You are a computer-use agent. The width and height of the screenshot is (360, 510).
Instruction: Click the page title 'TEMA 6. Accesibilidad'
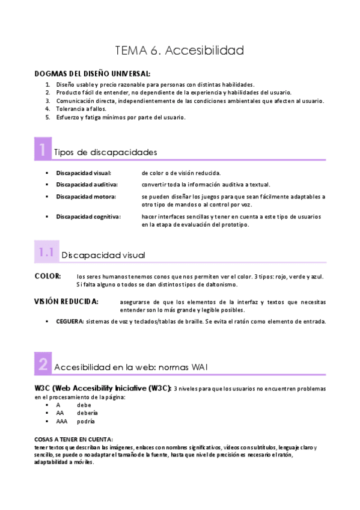[180, 51]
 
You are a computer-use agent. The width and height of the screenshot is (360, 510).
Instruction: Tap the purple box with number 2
[43, 363]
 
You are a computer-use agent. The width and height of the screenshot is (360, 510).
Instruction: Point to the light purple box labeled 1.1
[46, 253]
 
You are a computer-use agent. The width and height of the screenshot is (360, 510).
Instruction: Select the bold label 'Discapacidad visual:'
[83, 173]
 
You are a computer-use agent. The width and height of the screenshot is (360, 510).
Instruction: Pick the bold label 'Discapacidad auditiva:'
[87, 185]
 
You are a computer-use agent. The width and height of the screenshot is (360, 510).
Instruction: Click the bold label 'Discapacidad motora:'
[86, 197]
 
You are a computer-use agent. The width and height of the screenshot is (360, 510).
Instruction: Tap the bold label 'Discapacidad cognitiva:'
[88, 217]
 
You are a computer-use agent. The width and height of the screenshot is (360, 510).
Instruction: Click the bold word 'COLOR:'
[47, 276]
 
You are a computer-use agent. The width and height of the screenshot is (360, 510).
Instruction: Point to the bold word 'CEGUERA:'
[70, 322]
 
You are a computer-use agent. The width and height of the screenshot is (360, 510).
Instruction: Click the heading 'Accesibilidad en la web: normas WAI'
[131, 367]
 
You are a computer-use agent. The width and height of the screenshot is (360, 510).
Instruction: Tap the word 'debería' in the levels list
[87, 413]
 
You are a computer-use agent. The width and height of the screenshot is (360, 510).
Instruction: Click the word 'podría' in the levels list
[86, 422]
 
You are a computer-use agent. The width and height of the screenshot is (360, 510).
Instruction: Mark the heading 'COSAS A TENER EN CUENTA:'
[73, 440]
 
